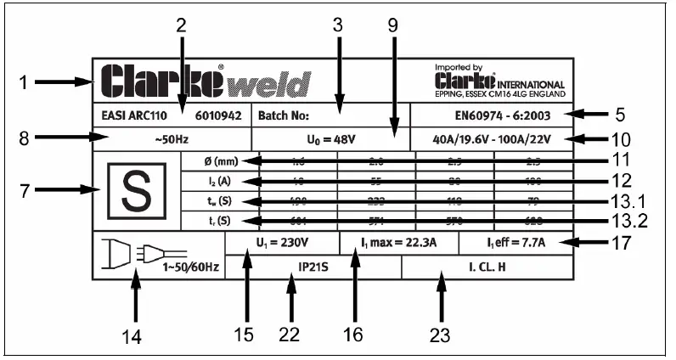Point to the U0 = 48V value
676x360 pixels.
coord(330,138)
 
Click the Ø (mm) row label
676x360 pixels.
coord(218,160)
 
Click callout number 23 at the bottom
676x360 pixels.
coord(439,334)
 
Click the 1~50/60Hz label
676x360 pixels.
coord(191,267)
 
